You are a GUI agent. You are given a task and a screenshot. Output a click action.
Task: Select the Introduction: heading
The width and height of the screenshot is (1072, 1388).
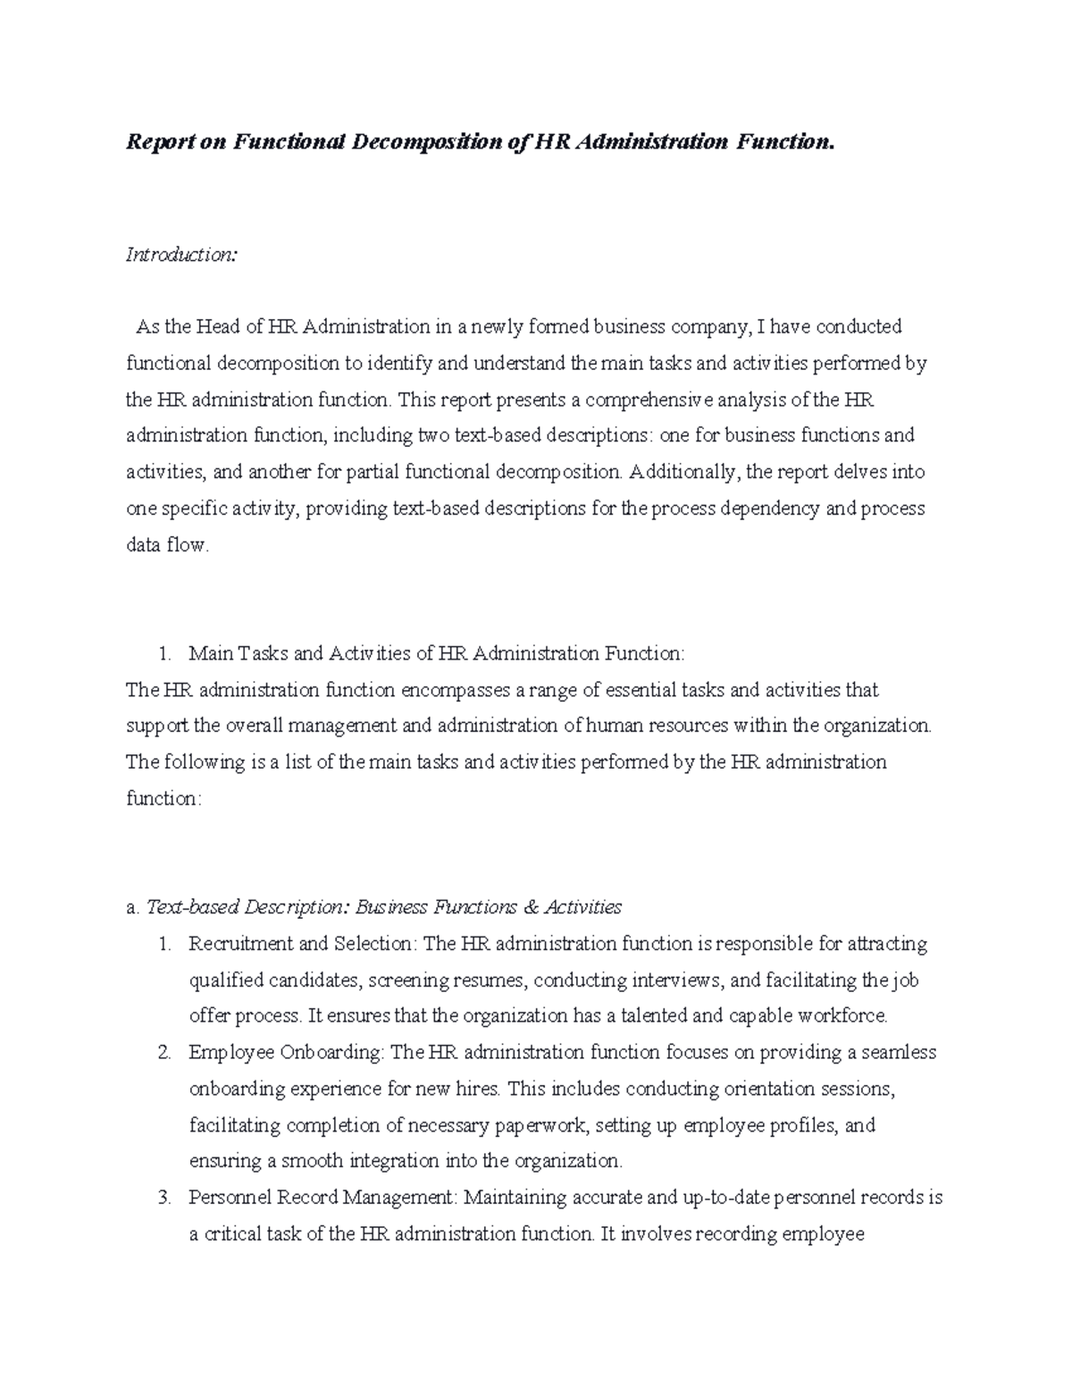(x=181, y=255)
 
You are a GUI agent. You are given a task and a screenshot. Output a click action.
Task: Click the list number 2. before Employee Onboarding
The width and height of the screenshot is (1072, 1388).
(x=163, y=1053)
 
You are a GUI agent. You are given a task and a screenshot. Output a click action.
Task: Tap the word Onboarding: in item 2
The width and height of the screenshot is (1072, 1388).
(x=331, y=1053)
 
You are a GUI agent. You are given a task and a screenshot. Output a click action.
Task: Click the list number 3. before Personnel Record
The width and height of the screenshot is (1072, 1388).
(x=163, y=1198)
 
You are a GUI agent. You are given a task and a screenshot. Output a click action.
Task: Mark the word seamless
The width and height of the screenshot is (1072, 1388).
(x=897, y=1053)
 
